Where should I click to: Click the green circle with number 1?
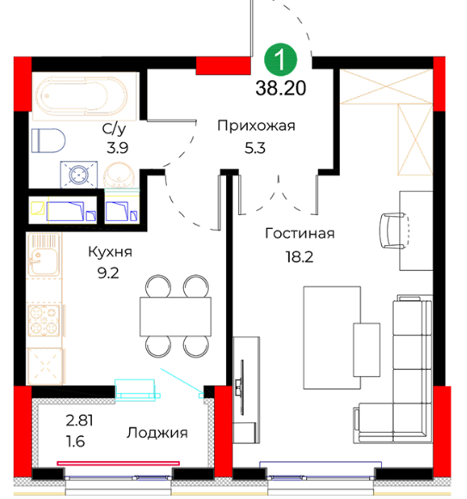click(x=280, y=59)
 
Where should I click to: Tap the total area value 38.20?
click(x=280, y=88)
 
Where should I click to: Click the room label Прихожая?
click(x=256, y=126)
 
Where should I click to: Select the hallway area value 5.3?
click(x=255, y=148)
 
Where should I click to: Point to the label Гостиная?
click(x=299, y=234)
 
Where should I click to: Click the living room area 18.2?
click(x=299, y=256)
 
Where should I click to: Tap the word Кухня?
click(x=110, y=252)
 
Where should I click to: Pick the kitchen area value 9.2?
click(x=108, y=273)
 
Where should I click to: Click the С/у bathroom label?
click(x=114, y=128)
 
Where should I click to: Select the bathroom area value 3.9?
click(x=117, y=148)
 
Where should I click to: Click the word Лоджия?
click(x=157, y=433)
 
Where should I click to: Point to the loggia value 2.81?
click(x=79, y=421)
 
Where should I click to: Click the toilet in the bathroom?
click(x=48, y=140)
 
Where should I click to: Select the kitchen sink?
click(x=44, y=255)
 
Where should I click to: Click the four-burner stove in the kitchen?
click(x=44, y=320)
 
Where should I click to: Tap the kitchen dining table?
click(x=175, y=317)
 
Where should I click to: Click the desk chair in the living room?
click(x=394, y=231)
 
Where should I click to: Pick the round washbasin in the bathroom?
click(x=119, y=175)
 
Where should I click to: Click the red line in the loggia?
click(x=119, y=464)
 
